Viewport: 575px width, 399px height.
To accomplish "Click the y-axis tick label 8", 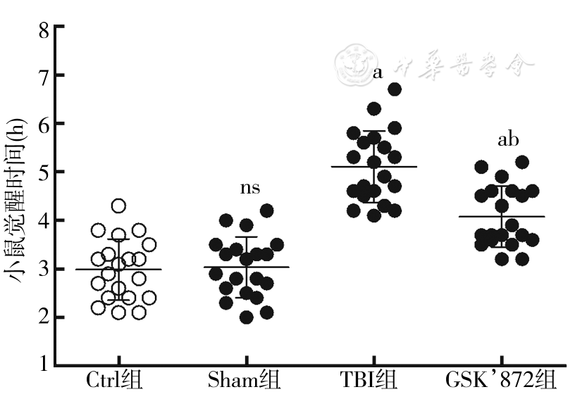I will click(x=43, y=29).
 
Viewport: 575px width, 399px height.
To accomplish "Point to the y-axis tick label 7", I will click(x=43, y=76).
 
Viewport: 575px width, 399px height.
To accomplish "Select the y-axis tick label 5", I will click(x=43, y=172).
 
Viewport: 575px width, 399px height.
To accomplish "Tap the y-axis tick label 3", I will click(x=43, y=270).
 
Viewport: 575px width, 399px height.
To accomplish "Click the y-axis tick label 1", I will click(x=43, y=365).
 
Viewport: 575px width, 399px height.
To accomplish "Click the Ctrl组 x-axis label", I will click(x=114, y=381).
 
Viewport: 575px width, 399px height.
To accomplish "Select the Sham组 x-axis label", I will click(x=245, y=381).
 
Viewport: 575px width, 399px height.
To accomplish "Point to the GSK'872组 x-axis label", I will click(x=501, y=381).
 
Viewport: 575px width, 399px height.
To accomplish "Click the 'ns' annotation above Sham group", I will click(x=250, y=188).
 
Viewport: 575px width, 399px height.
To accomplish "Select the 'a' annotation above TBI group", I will click(x=378, y=72).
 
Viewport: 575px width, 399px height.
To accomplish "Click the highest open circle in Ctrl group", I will click(x=119, y=206).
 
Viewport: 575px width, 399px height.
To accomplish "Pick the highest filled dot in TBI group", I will click(x=395, y=89).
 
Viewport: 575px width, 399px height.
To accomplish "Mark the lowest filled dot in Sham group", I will click(x=246, y=317).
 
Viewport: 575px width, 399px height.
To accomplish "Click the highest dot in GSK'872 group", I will click(x=522, y=162).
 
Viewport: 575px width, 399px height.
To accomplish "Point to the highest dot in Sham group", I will click(x=267, y=210).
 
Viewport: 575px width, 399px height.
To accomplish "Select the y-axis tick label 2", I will click(x=43, y=317).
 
